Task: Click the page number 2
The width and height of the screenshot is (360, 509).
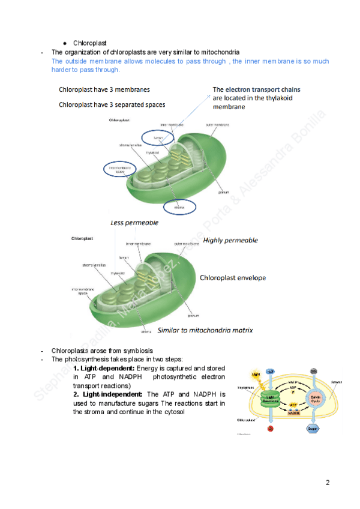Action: coord(328,482)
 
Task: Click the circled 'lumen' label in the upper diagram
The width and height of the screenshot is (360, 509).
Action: coord(158,137)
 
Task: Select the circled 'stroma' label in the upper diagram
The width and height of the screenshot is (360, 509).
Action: coord(179,207)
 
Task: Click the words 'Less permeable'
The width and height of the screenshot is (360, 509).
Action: coord(134,223)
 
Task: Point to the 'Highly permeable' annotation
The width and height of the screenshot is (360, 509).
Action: coord(231,240)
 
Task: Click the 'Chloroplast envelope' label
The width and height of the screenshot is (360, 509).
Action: coord(232,278)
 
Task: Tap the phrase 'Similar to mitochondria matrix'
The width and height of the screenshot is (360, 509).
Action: coord(205,330)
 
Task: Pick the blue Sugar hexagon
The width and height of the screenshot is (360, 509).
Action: coord(314,429)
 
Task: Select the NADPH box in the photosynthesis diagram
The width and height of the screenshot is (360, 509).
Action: coord(294,412)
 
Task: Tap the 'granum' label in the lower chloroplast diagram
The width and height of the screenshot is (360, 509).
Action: coord(193,315)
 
